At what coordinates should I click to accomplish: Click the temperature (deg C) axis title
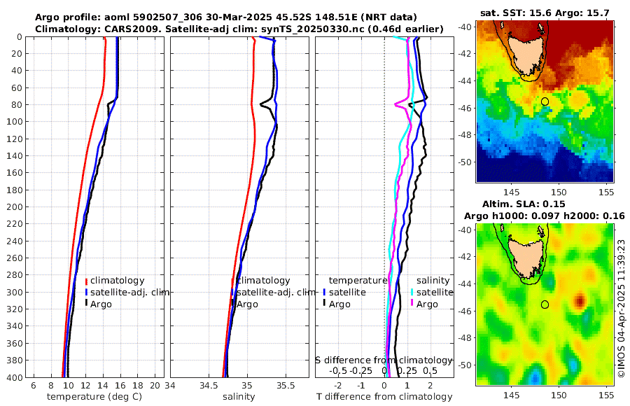point(95,397)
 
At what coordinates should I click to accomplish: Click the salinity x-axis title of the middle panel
point(238,397)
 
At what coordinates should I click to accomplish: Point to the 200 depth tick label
point(15,207)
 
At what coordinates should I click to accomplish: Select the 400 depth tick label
point(15,377)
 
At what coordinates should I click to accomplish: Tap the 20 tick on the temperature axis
point(154,385)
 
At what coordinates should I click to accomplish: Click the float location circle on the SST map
point(545,101)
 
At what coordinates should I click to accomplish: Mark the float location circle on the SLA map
point(545,304)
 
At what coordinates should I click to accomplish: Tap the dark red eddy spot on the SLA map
point(580,302)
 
